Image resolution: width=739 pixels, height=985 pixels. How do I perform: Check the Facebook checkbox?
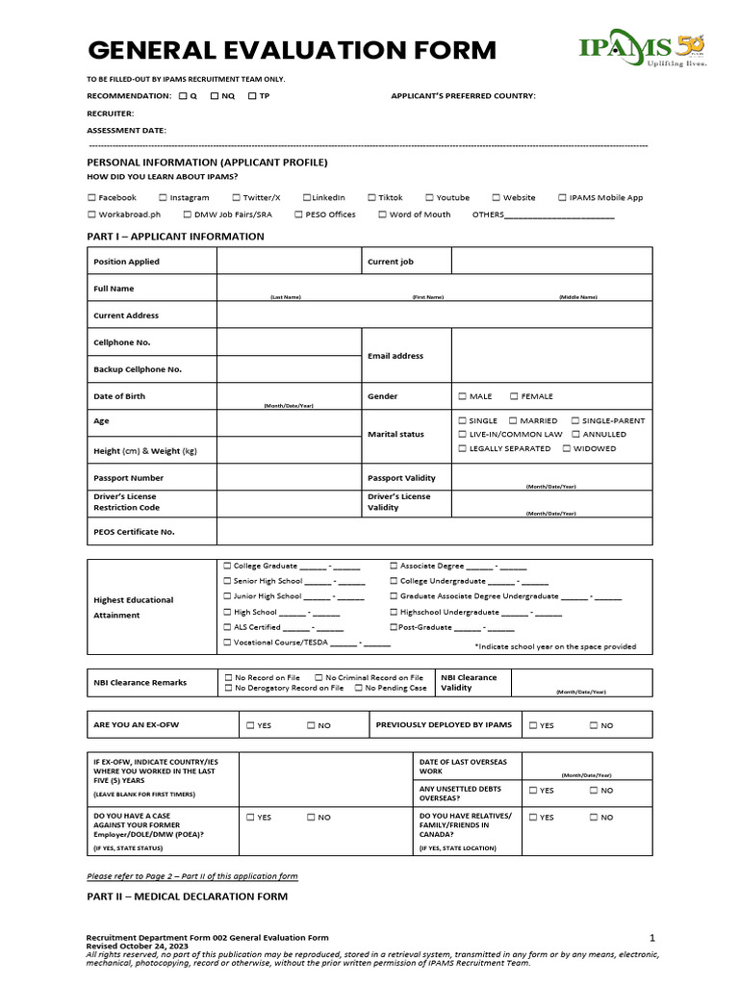[91, 197]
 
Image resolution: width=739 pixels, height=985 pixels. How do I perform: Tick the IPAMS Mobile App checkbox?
[562, 197]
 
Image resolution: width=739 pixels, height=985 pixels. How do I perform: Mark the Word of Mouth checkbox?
[382, 215]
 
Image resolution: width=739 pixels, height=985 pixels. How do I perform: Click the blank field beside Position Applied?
[289, 261]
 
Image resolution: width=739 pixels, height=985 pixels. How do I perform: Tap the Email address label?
[395, 356]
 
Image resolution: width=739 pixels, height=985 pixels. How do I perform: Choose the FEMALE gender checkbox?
[514, 396]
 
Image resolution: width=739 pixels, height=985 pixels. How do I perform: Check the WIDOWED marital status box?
[567, 448]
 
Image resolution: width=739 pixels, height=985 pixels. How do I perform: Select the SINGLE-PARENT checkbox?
[574, 420]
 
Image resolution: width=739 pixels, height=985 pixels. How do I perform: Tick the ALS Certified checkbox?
[227, 626]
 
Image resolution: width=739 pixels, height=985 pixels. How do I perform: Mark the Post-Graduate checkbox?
[394, 626]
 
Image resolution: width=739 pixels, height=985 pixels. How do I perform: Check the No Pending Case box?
[358, 688]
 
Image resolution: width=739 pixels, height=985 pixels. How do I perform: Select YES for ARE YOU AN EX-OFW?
[250, 725]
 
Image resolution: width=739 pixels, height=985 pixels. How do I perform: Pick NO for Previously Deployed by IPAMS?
[594, 725]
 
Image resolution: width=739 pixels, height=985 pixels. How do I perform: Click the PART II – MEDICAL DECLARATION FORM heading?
[187, 897]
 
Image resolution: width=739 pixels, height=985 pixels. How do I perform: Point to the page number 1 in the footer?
[651, 937]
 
